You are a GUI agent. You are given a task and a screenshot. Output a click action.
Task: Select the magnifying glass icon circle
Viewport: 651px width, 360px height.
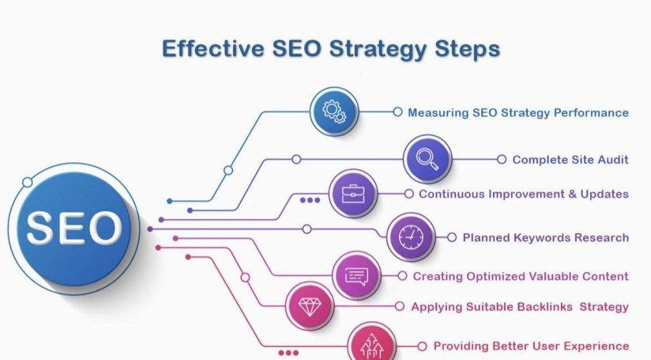(x=427, y=159)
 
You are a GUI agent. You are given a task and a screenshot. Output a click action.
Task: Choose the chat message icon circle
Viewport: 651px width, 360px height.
(x=356, y=276)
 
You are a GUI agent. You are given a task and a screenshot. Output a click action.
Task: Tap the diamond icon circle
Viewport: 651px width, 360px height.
(x=309, y=306)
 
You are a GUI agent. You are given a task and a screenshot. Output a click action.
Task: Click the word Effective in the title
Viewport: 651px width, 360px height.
(x=211, y=49)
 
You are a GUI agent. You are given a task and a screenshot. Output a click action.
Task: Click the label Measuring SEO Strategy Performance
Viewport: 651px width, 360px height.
(x=518, y=113)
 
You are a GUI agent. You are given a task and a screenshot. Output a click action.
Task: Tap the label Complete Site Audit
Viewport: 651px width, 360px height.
(x=571, y=159)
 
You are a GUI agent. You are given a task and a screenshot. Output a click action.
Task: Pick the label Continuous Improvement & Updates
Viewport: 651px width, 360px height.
(x=523, y=194)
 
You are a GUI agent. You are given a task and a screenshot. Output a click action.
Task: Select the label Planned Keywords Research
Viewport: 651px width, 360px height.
(x=545, y=238)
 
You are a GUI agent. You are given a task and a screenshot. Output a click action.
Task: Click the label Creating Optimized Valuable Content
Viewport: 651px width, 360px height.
(x=521, y=276)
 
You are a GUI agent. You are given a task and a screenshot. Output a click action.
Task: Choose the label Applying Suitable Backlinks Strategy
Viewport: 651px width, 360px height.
(x=520, y=307)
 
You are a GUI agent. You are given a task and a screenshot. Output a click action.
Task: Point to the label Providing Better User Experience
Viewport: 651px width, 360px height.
(x=531, y=346)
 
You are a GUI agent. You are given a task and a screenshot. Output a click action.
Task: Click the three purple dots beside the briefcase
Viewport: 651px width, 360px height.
(x=310, y=200)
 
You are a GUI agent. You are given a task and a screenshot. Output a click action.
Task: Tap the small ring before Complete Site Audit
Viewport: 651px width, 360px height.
(x=501, y=159)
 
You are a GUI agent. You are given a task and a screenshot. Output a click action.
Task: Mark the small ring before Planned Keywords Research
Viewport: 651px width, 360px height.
(x=451, y=238)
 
